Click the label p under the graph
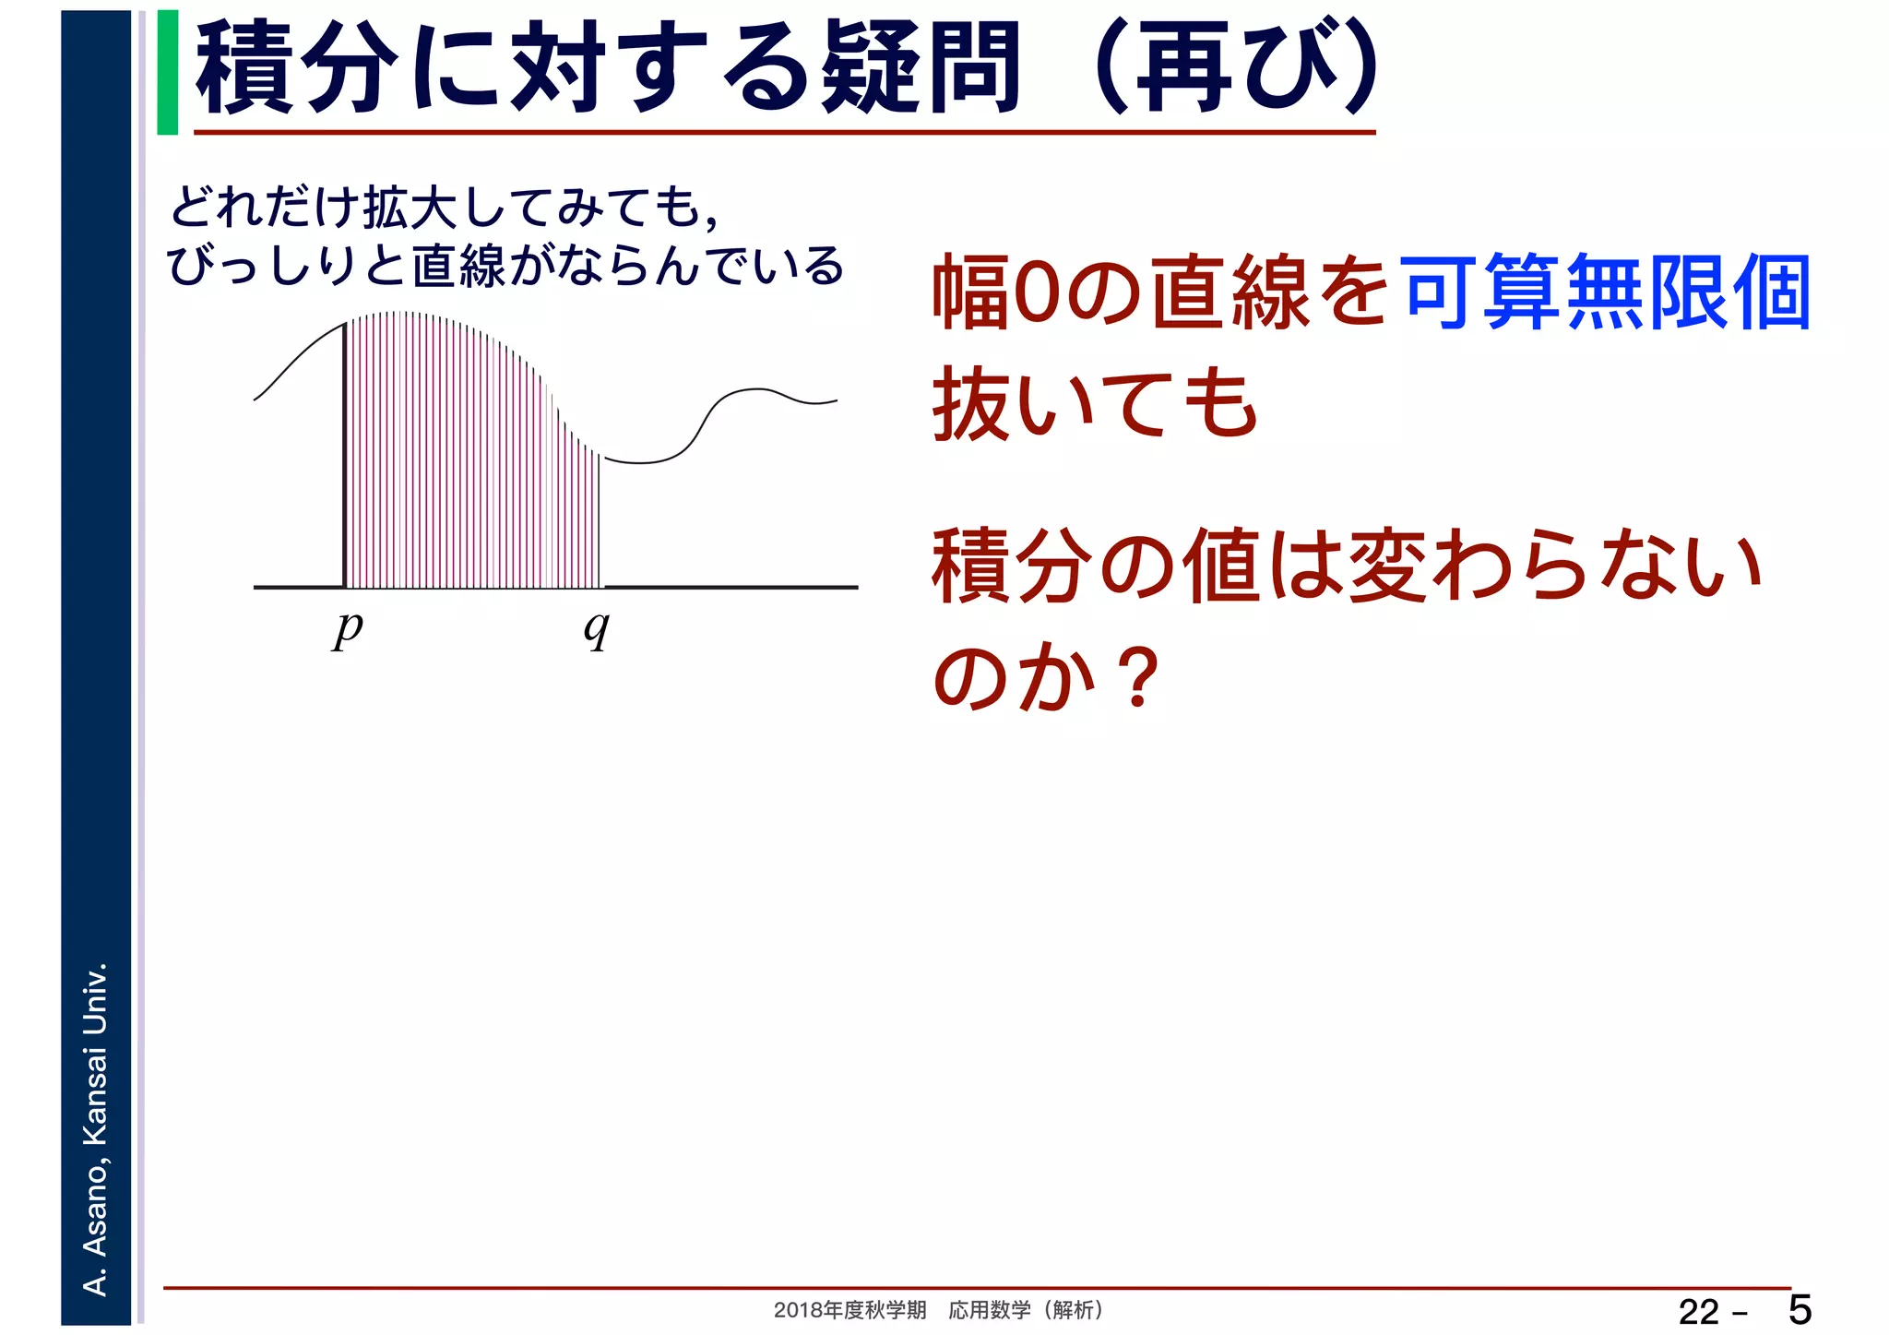point(348,630)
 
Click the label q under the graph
point(597,630)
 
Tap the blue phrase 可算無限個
point(1606,292)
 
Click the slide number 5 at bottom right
point(1800,1310)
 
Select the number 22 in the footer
point(1699,1312)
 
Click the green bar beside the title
point(168,72)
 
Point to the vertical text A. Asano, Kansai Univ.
point(96,1128)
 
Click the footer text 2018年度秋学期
point(849,1310)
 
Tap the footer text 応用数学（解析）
point(1026,1310)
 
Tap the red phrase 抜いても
point(1095,403)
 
